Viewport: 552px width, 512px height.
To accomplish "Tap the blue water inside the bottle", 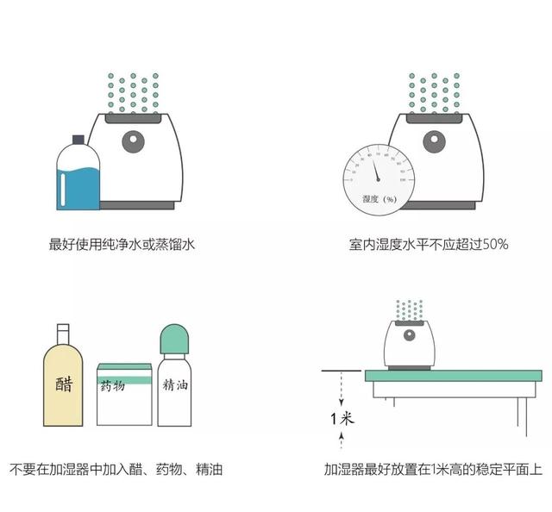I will click(x=78, y=188).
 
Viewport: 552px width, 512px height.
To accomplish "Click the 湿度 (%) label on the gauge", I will click(x=379, y=199).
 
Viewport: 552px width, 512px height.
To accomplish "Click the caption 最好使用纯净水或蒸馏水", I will click(x=122, y=245).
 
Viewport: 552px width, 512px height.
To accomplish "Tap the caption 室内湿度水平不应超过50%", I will click(x=429, y=245).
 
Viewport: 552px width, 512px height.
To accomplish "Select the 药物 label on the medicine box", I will click(x=113, y=386).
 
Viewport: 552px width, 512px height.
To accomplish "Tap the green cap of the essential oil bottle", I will click(x=176, y=337).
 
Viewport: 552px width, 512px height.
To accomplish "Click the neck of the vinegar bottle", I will click(x=62, y=335).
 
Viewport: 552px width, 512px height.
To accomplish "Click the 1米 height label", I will click(x=342, y=420).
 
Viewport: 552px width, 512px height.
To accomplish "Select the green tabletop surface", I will click(x=453, y=377).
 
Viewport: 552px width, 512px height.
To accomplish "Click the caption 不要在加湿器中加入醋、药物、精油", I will click(x=116, y=471).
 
